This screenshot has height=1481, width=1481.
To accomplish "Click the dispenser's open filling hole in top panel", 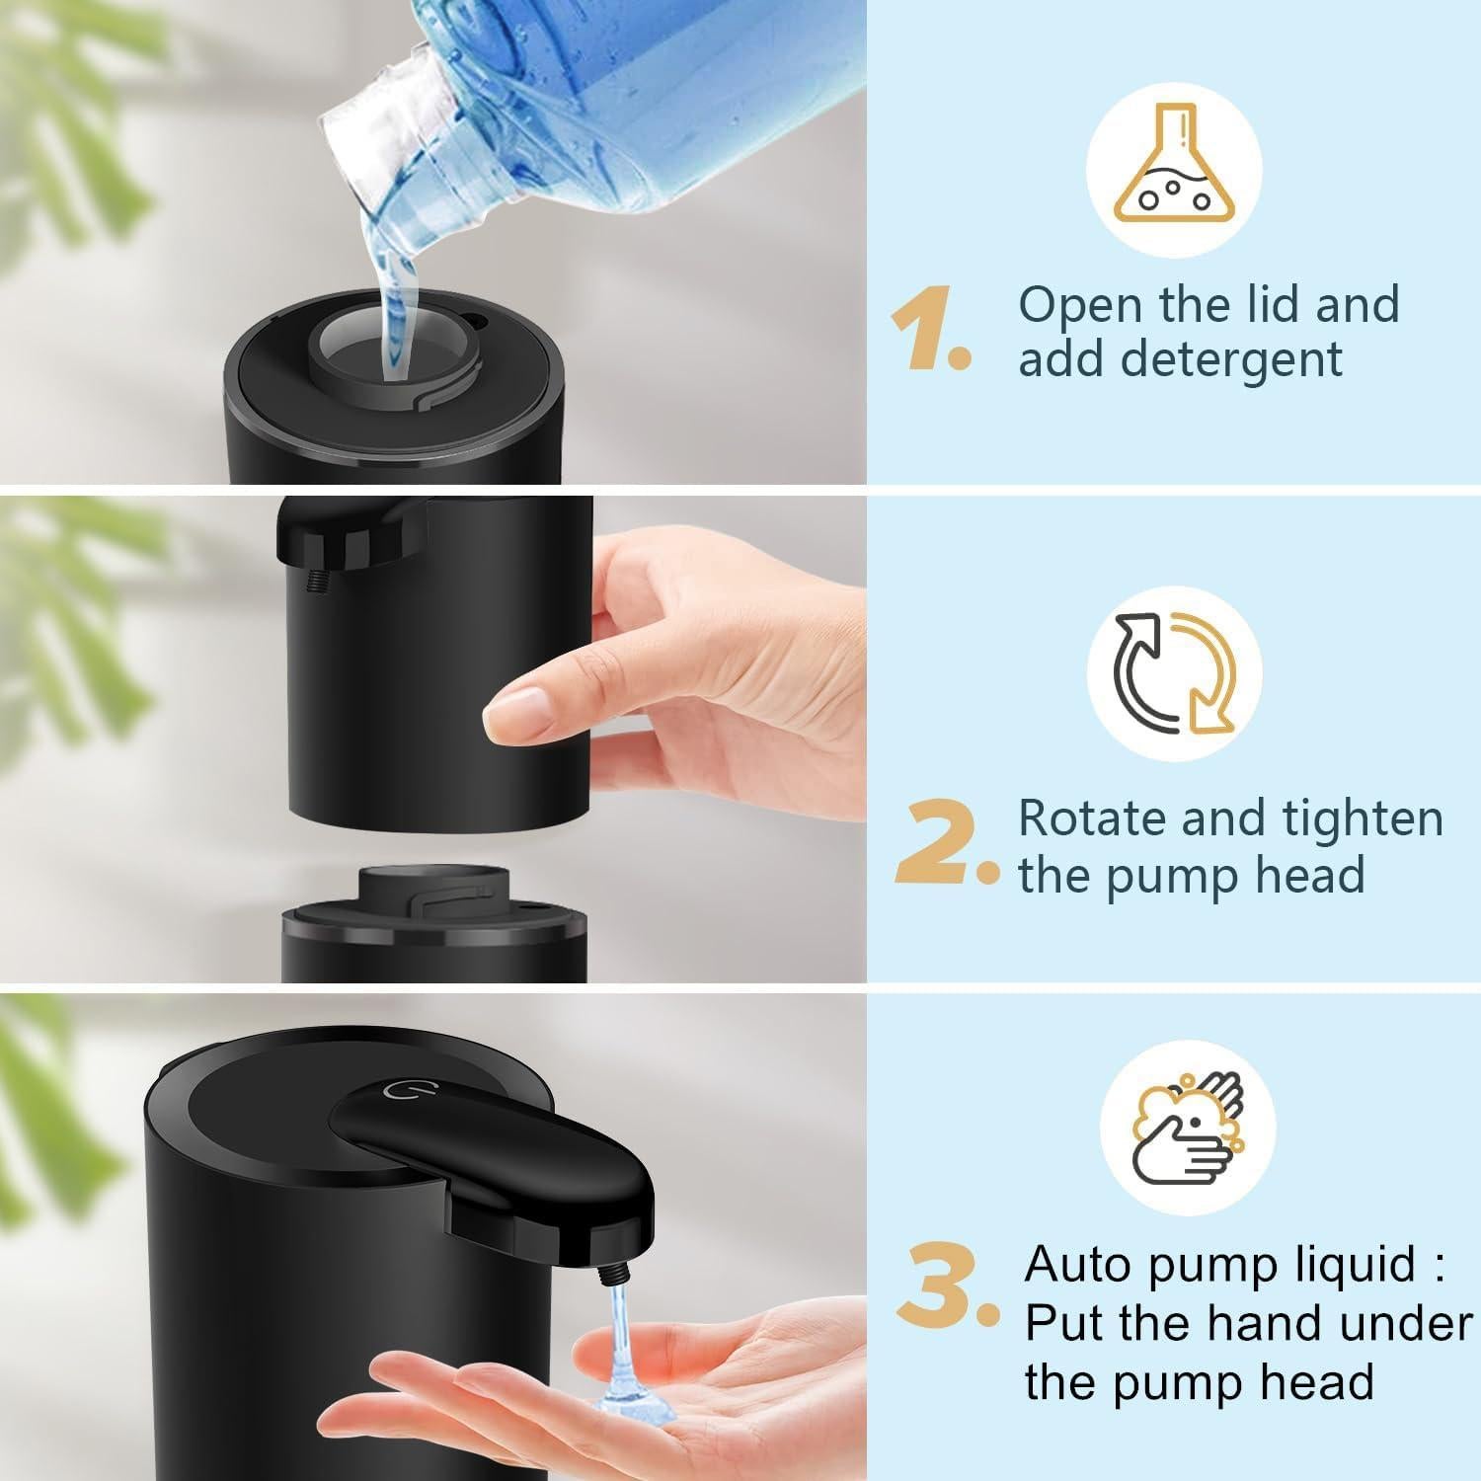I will pos(392,346).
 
